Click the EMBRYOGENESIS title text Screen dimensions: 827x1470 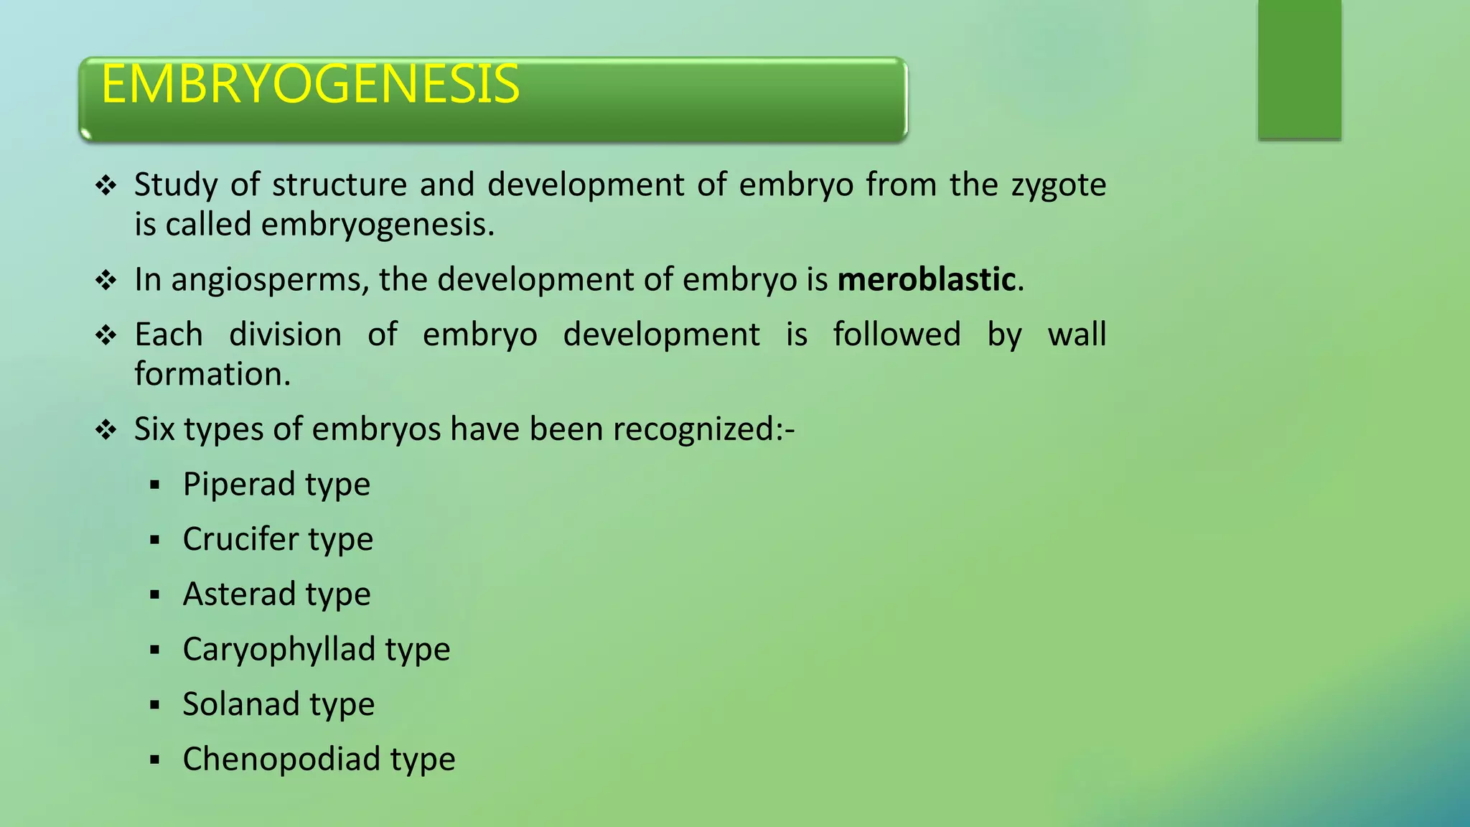[310, 85]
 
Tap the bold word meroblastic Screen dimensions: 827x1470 [926, 279]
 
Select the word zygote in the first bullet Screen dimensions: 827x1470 [1059, 185]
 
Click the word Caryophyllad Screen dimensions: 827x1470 [279, 650]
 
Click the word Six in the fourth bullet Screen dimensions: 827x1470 [154, 429]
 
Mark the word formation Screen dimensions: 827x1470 [212, 374]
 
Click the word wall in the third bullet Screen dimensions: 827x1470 [1077, 335]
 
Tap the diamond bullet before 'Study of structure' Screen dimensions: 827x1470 [106, 186]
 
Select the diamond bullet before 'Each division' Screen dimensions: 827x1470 [106, 335]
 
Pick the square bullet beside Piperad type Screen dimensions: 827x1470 [154, 485]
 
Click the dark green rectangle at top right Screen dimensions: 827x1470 [1299, 69]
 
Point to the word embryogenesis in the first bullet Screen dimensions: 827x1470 [377, 225]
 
